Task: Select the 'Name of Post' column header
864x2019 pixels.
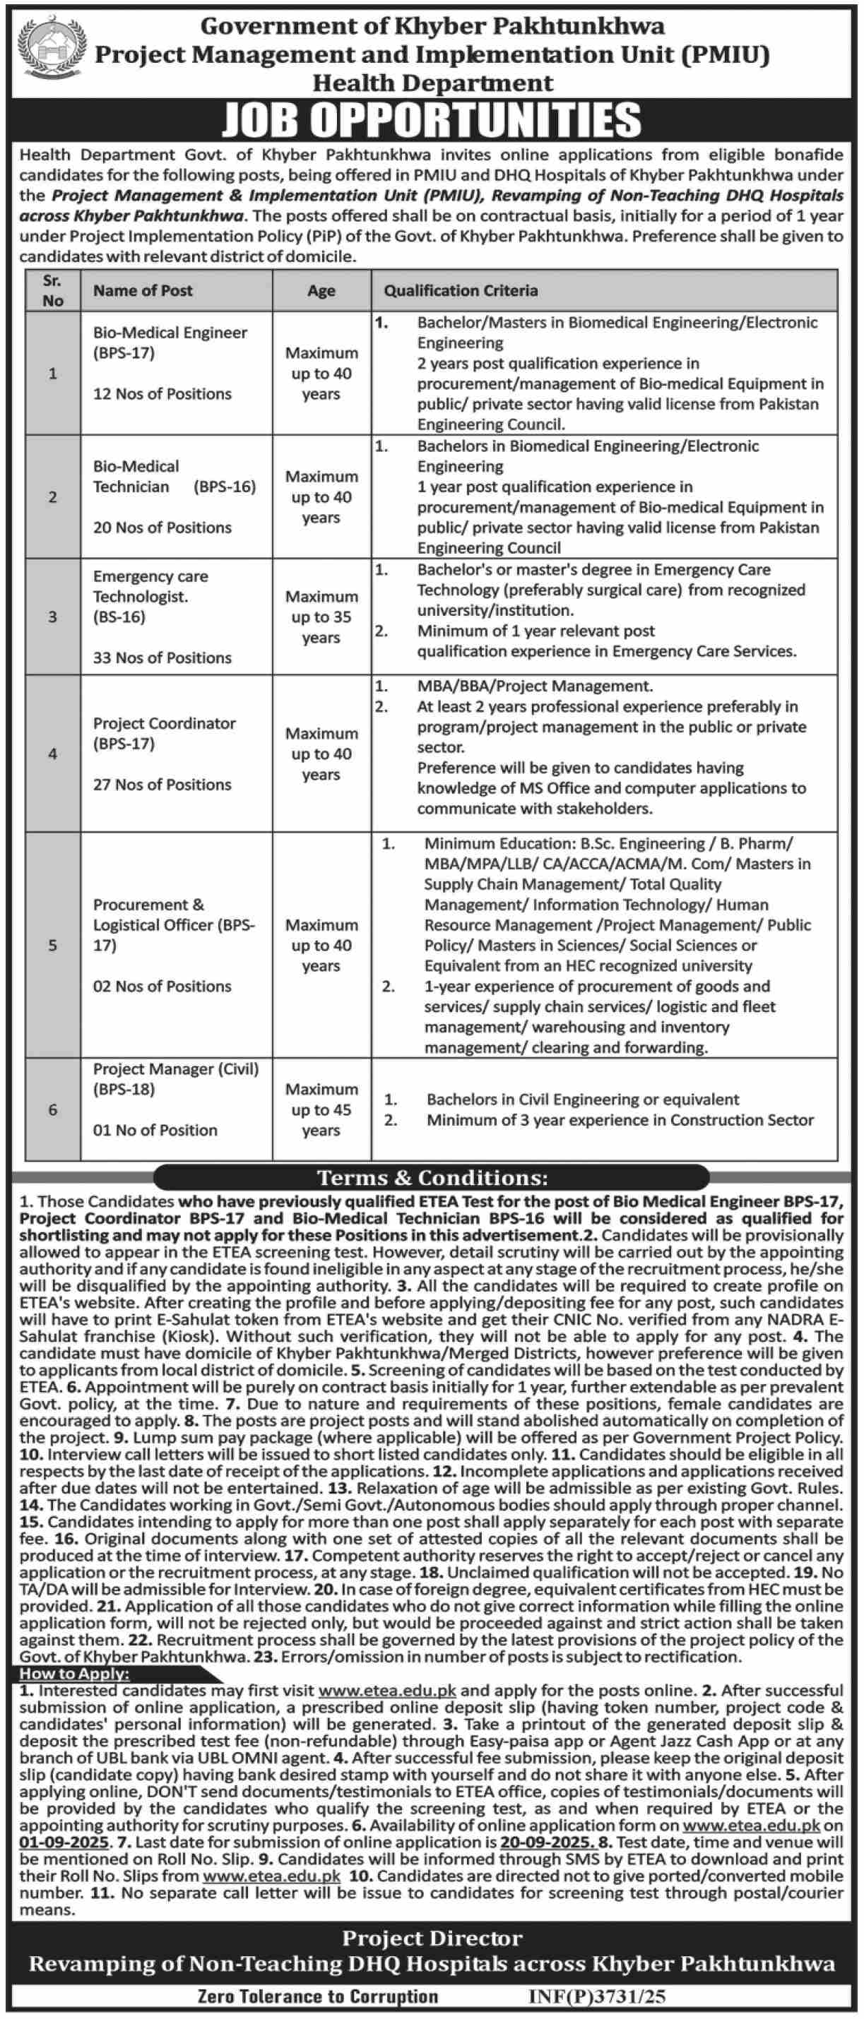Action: point(143,291)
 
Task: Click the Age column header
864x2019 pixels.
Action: point(321,291)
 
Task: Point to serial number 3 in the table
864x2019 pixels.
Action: point(52,617)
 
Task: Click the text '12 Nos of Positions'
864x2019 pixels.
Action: point(162,393)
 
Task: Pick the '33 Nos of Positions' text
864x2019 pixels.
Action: point(162,657)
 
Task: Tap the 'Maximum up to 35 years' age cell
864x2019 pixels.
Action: point(321,617)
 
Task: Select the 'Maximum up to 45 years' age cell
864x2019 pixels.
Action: point(321,1110)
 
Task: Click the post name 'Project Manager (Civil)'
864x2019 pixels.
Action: point(176,1069)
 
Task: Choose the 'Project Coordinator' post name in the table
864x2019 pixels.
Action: point(164,723)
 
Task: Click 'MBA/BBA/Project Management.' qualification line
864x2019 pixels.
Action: point(535,686)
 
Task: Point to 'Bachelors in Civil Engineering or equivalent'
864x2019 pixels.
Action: point(583,1099)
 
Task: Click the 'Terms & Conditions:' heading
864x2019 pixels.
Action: point(432,1178)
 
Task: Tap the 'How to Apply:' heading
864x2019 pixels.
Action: point(74,1674)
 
